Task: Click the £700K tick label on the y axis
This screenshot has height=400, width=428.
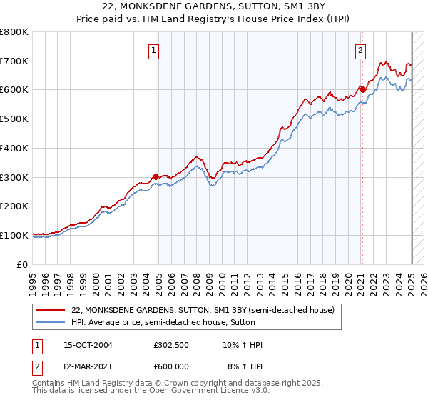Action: (14, 61)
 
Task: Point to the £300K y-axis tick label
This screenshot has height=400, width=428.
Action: (14, 177)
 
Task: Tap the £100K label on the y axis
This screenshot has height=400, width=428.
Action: (14, 235)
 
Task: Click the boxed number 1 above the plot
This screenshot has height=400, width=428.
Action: (154, 50)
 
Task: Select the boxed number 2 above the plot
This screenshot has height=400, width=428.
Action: (361, 50)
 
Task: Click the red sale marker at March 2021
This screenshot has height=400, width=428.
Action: (362, 90)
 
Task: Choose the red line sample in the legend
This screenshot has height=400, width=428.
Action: (51, 310)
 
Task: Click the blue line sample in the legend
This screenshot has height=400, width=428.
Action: (51, 322)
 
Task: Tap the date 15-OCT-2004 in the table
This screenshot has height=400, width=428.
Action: (88, 346)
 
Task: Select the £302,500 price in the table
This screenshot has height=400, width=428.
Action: (171, 346)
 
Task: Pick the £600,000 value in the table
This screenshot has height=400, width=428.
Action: (171, 366)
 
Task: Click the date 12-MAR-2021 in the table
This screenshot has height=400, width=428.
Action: (88, 366)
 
